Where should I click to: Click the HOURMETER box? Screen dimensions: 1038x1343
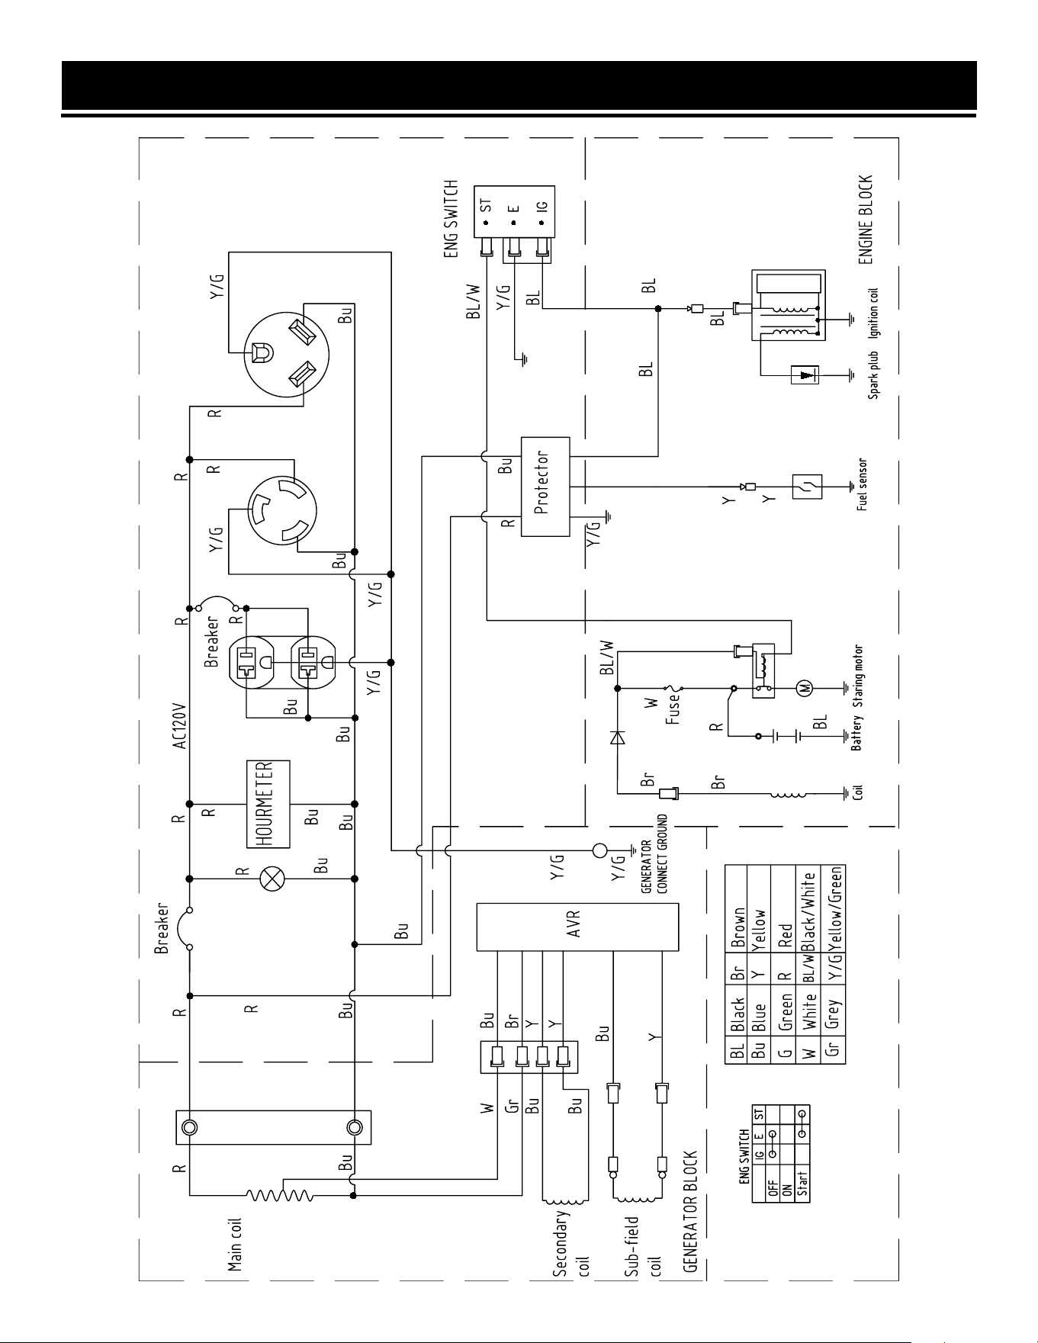tap(268, 804)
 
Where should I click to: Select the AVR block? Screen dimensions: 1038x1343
tap(577, 927)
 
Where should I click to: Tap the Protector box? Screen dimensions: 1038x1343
tap(545, 487)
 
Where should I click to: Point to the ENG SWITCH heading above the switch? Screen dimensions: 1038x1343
tap(452, 220)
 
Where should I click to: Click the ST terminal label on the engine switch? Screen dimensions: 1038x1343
tap(487, 206)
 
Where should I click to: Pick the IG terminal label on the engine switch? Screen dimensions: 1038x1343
tap(541, 207)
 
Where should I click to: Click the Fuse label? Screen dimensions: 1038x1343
tap(673, 710)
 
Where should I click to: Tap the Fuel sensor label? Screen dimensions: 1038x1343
tap(862, 485)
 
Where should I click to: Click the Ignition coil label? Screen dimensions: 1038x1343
tap(873, 312)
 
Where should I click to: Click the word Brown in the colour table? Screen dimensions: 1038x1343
tap(738, 927)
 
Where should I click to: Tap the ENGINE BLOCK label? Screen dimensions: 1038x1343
tap(865, 220)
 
